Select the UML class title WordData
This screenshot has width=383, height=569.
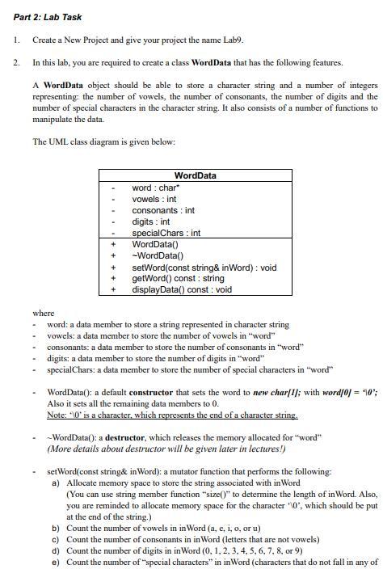click(x=195, y=176)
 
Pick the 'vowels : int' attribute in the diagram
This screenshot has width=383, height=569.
click(x=154, y=199)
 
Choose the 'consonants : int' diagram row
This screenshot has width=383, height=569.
click(x=162, y=210)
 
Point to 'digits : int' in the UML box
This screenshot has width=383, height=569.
click(x=150, y=221)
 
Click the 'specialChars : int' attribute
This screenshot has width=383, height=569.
click(x=166, y=233)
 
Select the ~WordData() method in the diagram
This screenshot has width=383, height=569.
click(x=155, y=255)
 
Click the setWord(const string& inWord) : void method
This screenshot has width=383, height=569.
click(x=204, y=267)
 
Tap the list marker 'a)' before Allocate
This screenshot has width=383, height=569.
click(x=55, y=482)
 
